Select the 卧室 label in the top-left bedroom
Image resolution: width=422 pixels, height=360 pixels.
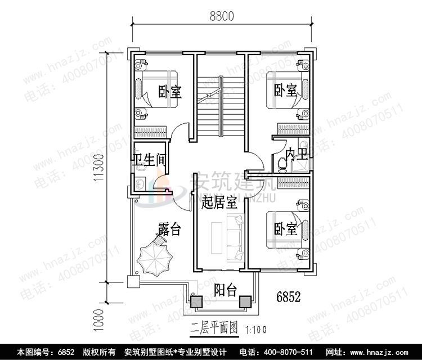[169, 91]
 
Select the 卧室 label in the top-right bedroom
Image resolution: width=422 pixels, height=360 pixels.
[285, 90]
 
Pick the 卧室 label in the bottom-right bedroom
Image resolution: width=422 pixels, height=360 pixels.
[285, 229]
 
